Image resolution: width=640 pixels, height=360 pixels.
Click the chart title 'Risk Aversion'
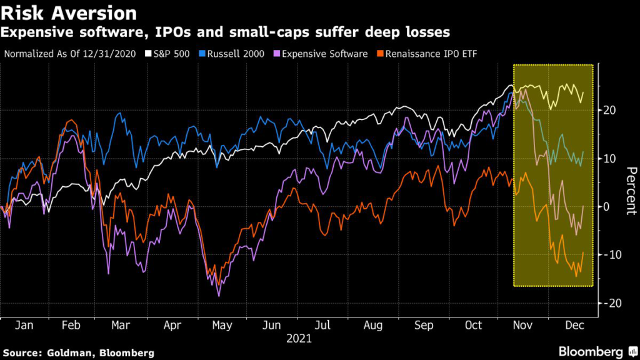pos(69,13)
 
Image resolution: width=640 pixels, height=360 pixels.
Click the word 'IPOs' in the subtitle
pos(172,32)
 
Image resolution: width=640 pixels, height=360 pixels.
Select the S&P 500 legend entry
pos(167,54)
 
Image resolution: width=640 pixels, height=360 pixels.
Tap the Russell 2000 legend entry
pos(231,54)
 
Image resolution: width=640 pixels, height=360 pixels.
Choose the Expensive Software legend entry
pos(321,54)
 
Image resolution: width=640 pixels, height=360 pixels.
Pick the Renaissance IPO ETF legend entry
pos(427,54)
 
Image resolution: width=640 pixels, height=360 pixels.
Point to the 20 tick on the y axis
pos(609,110)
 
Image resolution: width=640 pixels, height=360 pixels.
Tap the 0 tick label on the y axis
pos(606,207)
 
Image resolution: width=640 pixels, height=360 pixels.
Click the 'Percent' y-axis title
pos(631,191)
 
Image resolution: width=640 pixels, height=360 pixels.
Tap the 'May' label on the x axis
pos(222,326)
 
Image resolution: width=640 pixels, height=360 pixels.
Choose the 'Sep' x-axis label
pos(424,326)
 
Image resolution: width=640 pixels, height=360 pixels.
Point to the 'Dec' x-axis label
pos(575,325)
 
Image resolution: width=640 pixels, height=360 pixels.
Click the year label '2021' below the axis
pos(299,339)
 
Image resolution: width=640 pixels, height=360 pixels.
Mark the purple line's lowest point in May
pos(219,296)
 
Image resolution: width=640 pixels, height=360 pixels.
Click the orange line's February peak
pos(72,120)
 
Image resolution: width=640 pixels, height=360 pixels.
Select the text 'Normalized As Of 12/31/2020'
pos(70,54)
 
